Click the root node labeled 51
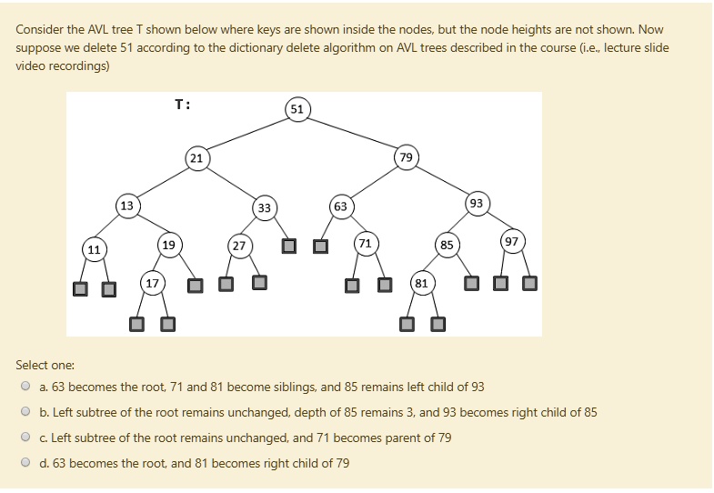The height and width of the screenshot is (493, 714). coord(297,110)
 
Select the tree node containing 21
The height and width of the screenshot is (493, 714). coord(196,158)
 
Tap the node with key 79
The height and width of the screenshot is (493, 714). coord(406,158)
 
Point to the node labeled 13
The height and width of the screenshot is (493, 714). coord(127,206)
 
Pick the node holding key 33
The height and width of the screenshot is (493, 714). coord(264,208)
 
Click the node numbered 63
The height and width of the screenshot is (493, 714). coord(340,206)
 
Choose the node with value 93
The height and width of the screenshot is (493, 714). coord(477,202)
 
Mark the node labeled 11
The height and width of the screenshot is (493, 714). coord(94,248)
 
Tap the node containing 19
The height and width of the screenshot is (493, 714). coord(168,245)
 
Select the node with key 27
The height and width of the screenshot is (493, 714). coord(238,246)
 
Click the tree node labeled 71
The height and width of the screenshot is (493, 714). coord(365,244)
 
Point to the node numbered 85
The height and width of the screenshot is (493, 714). coord(446,245)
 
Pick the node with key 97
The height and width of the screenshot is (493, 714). coord(512,242)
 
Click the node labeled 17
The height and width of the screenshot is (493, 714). coord(152,283)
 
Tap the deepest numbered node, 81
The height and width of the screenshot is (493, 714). coord(421,283)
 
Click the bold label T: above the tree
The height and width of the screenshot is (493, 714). coord(182,106)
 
